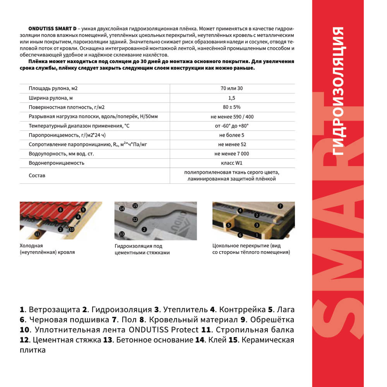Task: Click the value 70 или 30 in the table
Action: click(232, 88)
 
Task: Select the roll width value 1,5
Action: click(232, 98)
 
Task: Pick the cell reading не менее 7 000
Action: click(232, 154)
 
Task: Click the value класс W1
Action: click(232, 163)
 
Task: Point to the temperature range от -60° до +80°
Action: click(232, 126)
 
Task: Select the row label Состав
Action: click(37, 175)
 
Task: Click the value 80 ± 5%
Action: click(232, 107)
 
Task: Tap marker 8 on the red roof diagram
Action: click(60, 210)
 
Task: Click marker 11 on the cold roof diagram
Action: click(37, 234)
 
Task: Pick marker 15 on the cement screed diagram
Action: click(135, 205)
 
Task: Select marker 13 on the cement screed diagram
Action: click(122, 234)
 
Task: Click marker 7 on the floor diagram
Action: click(281, 206)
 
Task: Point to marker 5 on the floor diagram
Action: click(229, 224)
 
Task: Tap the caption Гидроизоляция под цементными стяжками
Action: click(142, 249)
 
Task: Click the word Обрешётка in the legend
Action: click(272, 320)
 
